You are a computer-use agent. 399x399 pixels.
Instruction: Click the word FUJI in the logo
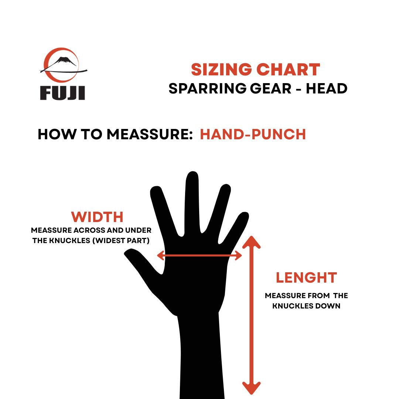pyautogui.click(x=62, y=93)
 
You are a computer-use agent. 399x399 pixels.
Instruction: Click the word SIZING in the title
pyautogui.click(x=221, y=69)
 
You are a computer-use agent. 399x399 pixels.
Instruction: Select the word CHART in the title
pyautogui.click(x=288, y=69)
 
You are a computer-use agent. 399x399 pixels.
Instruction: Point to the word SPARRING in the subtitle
pyautogui.click(x=207, y=89)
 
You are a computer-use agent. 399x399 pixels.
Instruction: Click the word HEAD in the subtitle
pyautogui.click(x=327, y=89)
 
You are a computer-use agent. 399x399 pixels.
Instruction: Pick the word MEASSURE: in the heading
pyautogui.click(x=150, y=134)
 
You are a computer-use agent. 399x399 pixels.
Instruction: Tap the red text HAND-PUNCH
pyautogui.click(x=253, y=134)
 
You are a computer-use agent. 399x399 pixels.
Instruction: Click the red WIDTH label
pyautogui.click(x=97, y=217)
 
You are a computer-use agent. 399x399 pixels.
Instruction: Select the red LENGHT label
pyautogui.click(x=306, y=277)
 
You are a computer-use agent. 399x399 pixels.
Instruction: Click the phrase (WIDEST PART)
pyautogui.click(x=121, y=241)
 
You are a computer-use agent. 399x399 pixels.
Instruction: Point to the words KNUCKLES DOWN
pyautogui.click(x=306, y=306)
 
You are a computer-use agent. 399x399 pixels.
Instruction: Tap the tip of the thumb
pyautogui.click(x=126, y=253)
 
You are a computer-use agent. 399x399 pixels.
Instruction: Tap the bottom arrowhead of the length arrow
pyautogui.click(x=252, y=388)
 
